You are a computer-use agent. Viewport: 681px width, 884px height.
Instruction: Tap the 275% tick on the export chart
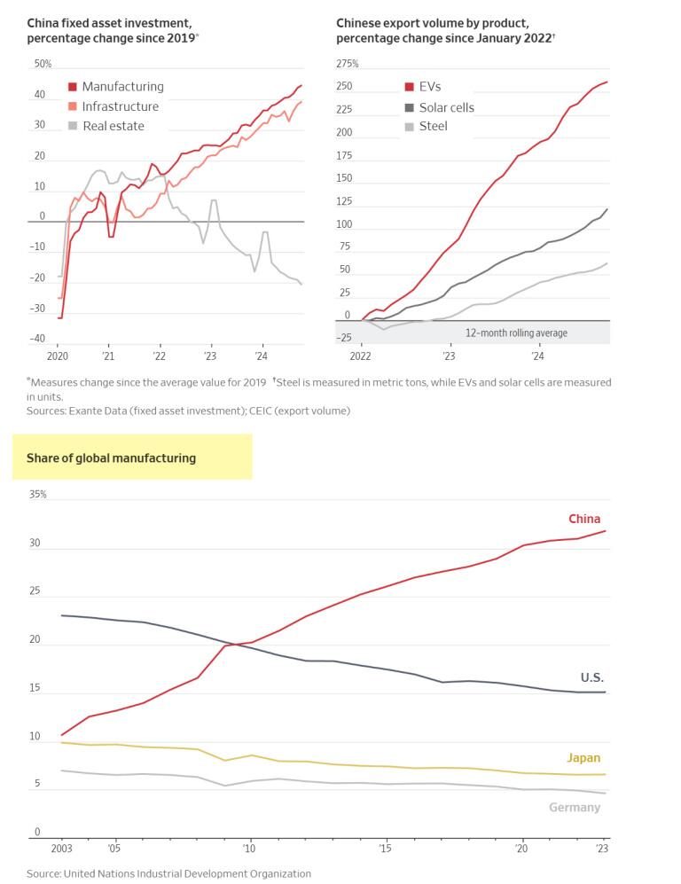click(348, 64)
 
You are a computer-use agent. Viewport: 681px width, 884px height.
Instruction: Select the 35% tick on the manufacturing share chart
click(37, 494)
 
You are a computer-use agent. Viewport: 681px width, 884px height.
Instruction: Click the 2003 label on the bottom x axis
click(61, 849)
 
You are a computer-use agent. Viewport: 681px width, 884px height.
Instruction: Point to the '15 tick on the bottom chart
click(386, 849)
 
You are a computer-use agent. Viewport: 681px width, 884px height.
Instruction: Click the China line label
click(584, 519)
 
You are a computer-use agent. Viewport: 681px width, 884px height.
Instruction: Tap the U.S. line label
click(591, 677)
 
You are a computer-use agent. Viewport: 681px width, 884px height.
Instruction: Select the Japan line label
click(583, 758)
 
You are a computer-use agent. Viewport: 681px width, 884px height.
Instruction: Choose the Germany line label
click(575, 808)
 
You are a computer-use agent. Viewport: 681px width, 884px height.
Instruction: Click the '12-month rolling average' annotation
click(516, 333)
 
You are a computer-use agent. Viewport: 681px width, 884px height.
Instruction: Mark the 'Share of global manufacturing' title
click(112, 458)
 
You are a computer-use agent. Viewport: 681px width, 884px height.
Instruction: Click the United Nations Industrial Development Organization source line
click(168, 873)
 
